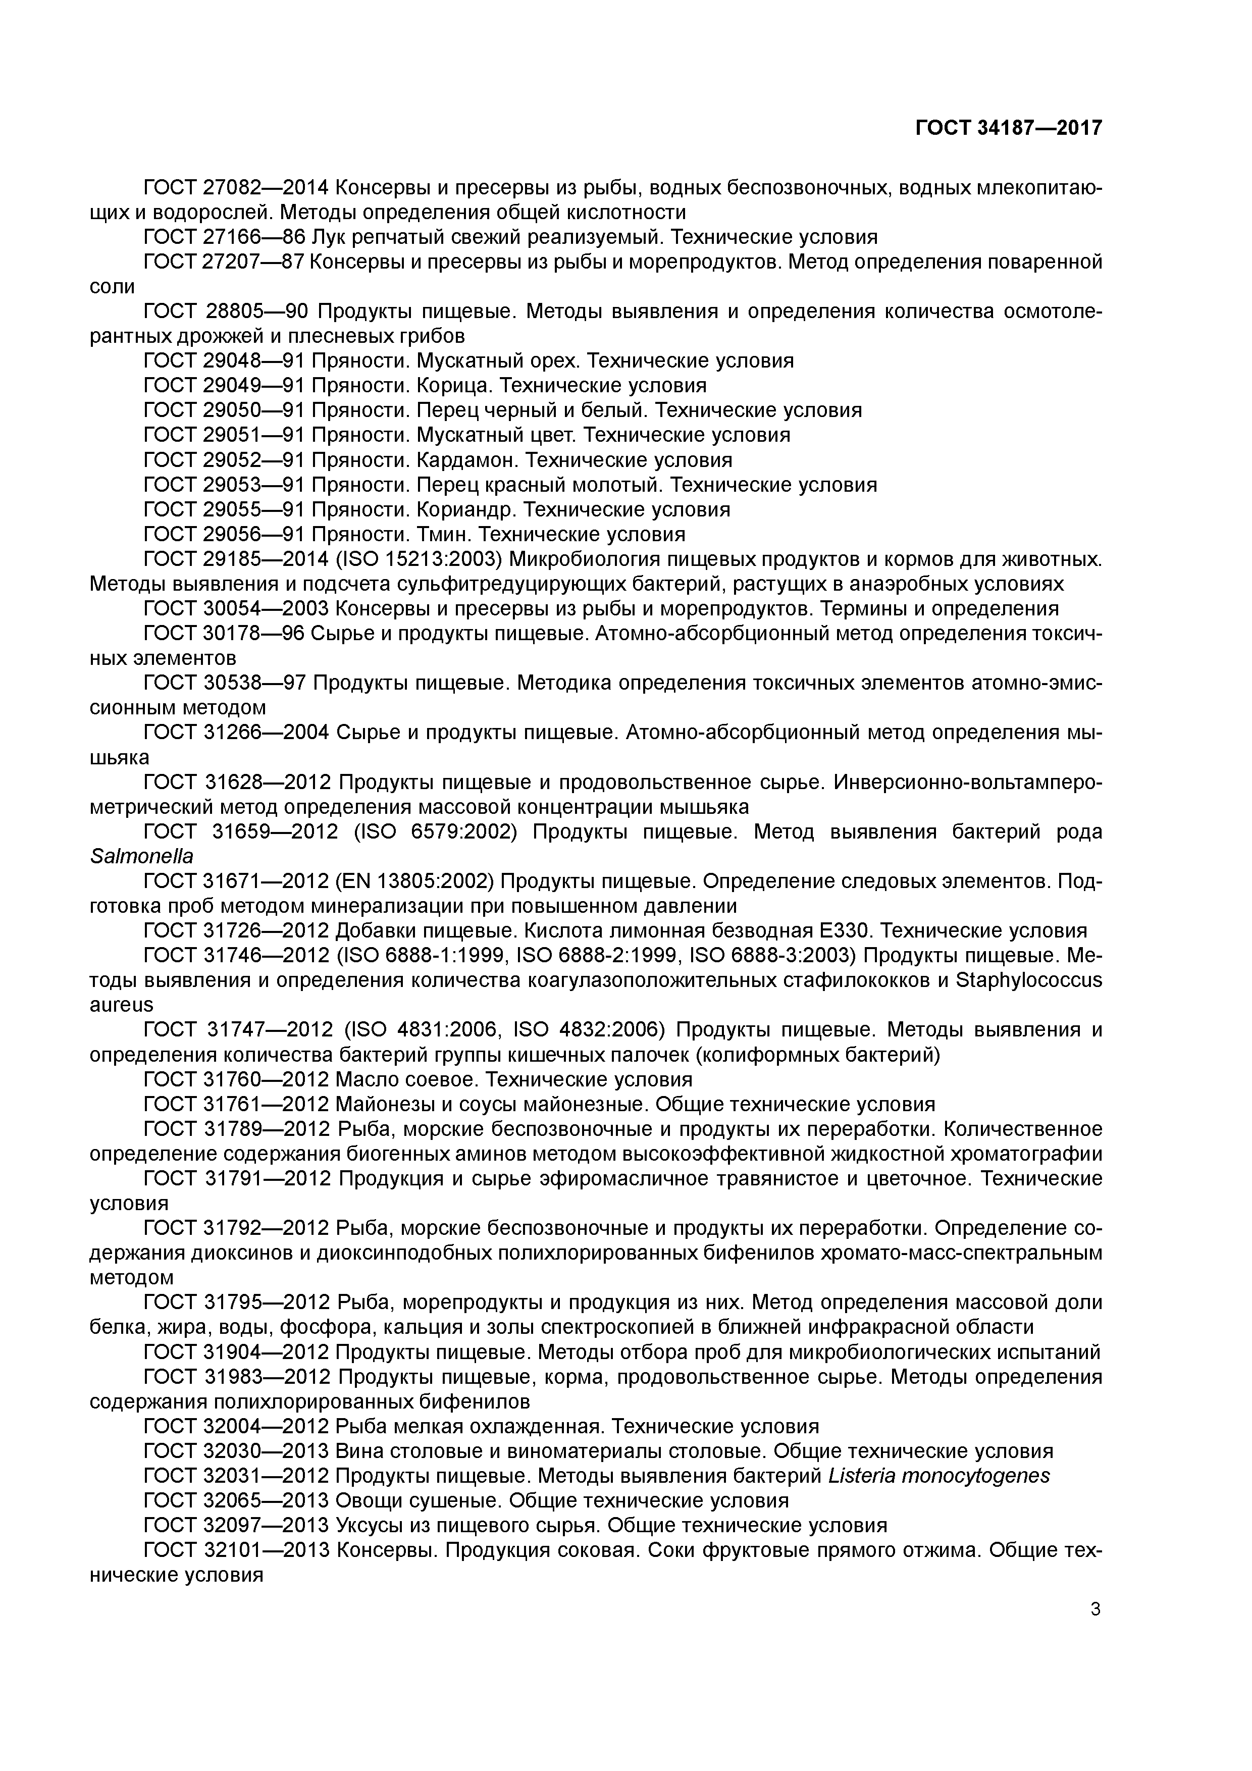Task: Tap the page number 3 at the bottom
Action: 1095,1609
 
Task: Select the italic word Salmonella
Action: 141,857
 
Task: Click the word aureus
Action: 121,1005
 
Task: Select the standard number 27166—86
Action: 254,237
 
